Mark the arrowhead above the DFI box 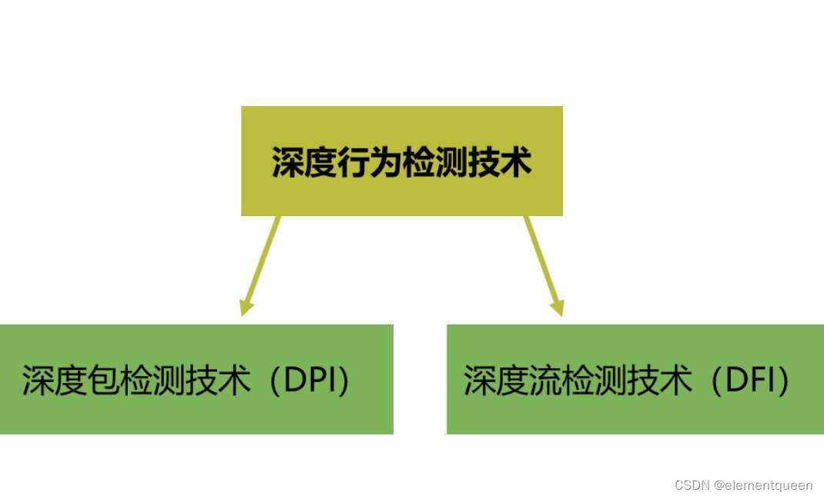tap(557, 307)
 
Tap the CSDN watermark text tap(691, 485)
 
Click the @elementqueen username tap(763, 485)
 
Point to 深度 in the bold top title tap(303, 163)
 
